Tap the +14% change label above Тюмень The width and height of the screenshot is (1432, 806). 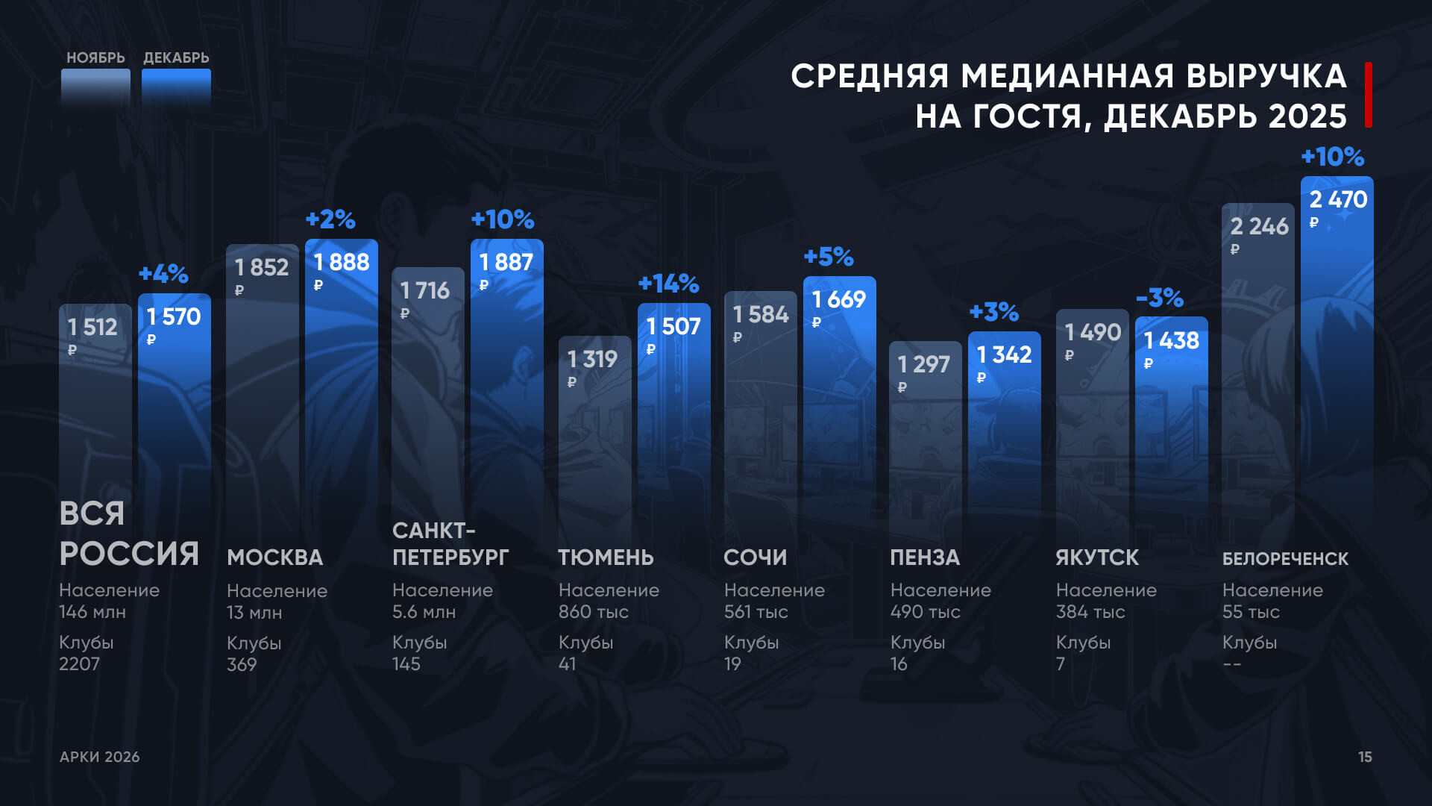pos(668,284)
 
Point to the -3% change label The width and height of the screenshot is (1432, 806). pos(1160,298)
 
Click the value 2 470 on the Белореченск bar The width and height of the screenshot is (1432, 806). pos(1338,200)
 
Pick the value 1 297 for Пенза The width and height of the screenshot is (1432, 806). pos(923,364)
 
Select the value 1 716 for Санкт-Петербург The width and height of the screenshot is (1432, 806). pos(424,290)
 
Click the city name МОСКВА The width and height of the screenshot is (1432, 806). pos(274,557)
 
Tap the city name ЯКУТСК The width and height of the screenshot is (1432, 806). pos(1097,557)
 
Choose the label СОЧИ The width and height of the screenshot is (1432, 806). pos(755,557)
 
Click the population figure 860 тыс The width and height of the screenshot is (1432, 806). pos(593,612)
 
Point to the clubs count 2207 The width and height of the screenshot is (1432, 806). pos(79,664)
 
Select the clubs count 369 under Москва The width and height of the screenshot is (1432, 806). pos(242,665)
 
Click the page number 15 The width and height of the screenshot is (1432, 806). pos(1365,757)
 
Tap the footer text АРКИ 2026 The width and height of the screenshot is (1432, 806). pos(99,757)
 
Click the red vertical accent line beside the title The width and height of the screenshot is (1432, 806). pos(1369,95)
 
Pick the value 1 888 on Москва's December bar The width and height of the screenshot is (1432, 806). pos(341,263)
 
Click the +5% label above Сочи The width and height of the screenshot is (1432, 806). pos(829,257)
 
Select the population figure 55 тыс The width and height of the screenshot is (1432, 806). pos(1251,612)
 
